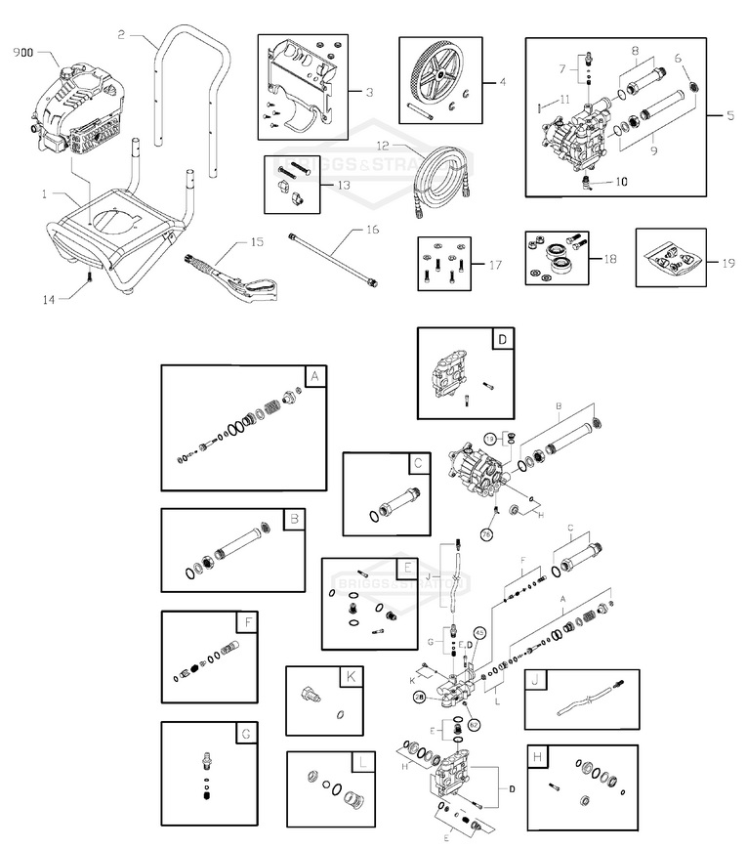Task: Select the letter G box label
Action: coord(245,733)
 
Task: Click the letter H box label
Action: coord(536,757)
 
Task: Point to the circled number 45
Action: coord(479,633)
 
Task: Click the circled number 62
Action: coord(474,724)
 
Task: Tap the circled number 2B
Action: coord(418,696)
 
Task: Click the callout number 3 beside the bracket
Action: coord(370,93)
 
